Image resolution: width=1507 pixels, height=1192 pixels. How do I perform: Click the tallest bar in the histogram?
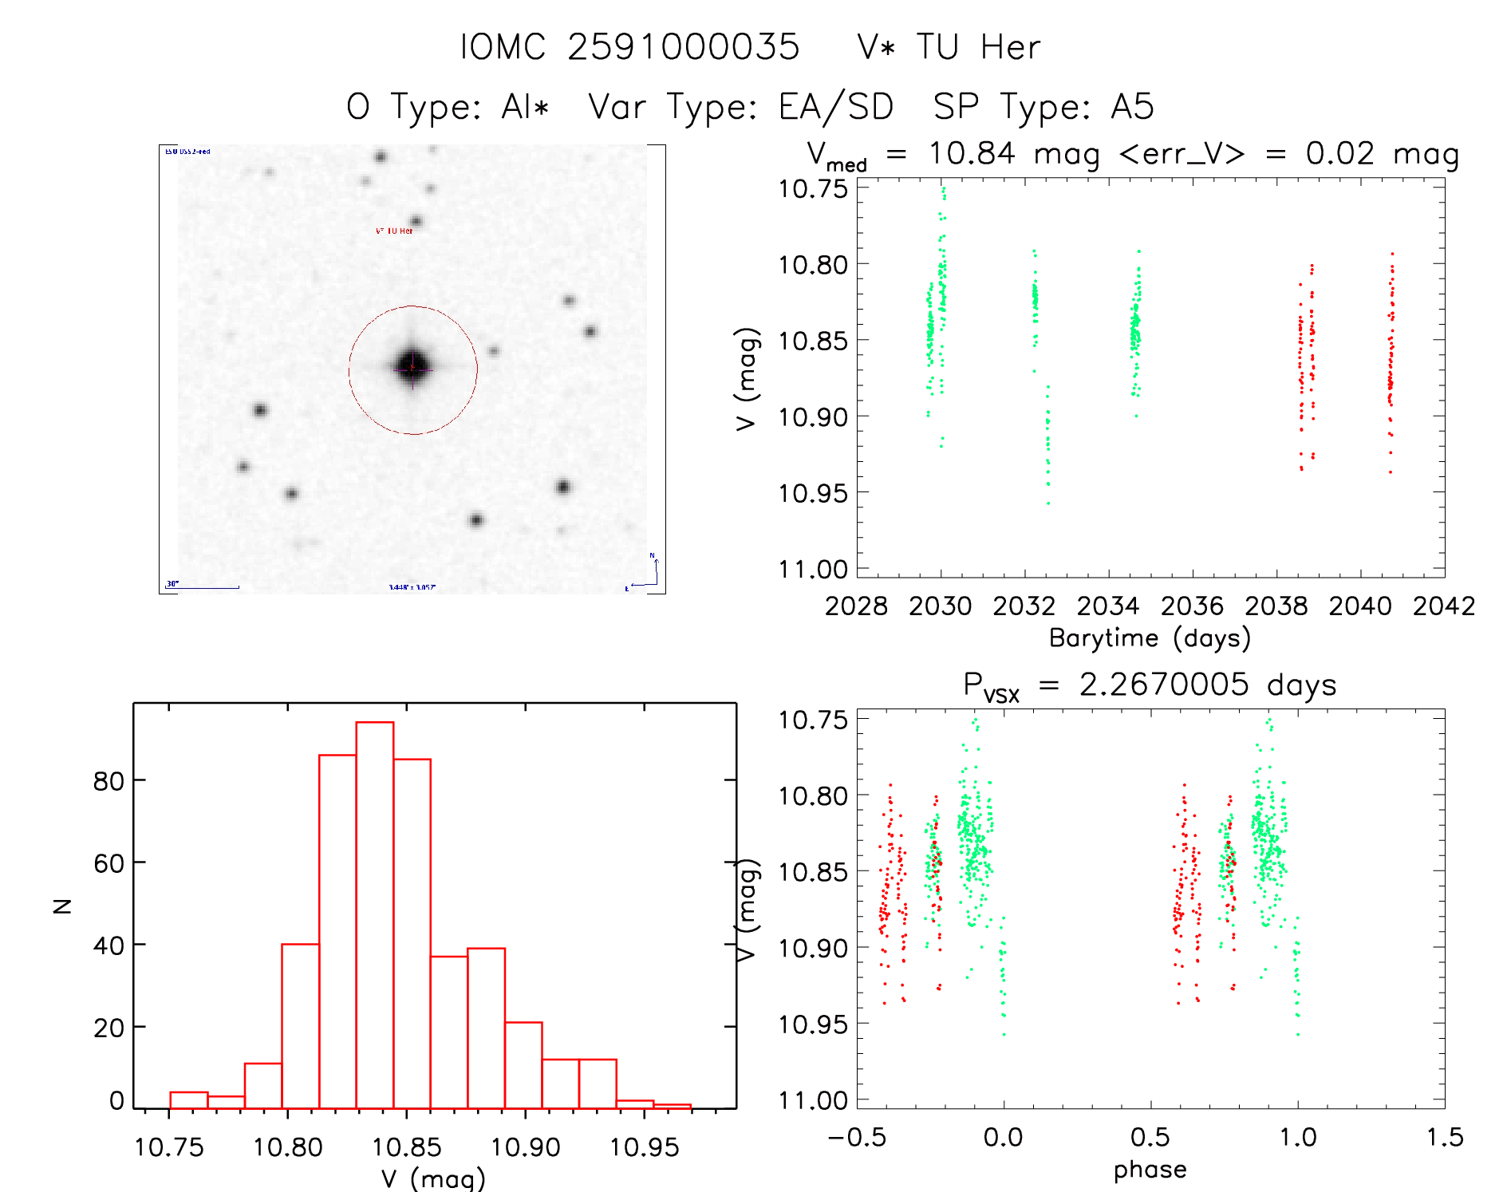tap(374, 914)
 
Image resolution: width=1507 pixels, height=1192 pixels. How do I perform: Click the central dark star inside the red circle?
tap(412, 367)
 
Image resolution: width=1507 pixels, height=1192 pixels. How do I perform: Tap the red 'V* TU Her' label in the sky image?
tap(394, 231)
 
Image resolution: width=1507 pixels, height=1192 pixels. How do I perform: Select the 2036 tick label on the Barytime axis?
tap(1192, 606)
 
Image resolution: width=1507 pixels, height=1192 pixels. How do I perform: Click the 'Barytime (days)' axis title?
tap(1150, 638)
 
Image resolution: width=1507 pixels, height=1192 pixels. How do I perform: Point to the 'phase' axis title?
tap(1150, 1170)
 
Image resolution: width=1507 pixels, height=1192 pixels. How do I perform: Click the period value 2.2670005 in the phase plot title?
tap(1163, 685)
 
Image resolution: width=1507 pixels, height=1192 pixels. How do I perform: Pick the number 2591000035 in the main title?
tap(683, 47)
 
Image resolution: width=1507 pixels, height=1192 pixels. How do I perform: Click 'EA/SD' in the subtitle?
tap(835, 107)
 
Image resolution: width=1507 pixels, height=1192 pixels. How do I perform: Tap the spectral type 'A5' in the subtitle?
tap(1132, 107)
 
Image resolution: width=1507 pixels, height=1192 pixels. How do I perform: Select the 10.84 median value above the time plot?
tap(972, 152)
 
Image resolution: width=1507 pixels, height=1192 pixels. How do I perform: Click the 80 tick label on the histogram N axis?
tap(108, 780)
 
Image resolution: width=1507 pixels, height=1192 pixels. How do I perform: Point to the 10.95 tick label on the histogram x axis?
tap(644, 1147)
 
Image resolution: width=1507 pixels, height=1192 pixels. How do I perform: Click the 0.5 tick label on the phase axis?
tap(1150, 1137)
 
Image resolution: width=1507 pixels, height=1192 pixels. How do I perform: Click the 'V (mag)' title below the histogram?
tap(432, 1178)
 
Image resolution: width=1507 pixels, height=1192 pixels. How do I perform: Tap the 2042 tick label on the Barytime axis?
tap(1443, 606)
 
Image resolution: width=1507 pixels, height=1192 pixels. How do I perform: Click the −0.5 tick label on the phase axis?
tap(857, 1137)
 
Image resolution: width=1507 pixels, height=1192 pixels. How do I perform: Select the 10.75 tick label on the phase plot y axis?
tap(813, 720)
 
